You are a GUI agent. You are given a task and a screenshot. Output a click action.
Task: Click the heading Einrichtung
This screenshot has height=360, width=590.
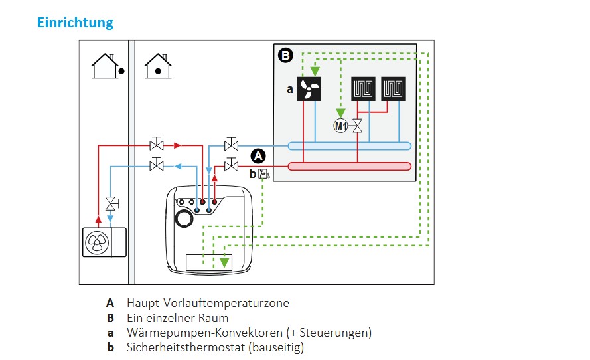click(75, 23)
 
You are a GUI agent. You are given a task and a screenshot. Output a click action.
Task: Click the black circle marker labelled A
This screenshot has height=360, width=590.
click(258, 157)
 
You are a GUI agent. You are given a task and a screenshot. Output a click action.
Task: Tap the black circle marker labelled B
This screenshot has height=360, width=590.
click(285, 56)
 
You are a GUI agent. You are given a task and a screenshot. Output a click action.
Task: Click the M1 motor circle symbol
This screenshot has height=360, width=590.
click(340, 126)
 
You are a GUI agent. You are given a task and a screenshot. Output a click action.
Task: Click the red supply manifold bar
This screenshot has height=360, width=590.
click(349, 166)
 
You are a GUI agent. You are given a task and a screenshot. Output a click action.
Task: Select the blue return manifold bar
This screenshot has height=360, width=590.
click(349, 145)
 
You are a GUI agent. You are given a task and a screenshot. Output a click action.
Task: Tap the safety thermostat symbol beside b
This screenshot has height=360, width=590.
click(263, 175)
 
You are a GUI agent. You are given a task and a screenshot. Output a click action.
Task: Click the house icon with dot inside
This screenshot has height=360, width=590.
click(158, 66)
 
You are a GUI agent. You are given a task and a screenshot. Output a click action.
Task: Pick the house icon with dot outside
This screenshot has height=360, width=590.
click(106, 66)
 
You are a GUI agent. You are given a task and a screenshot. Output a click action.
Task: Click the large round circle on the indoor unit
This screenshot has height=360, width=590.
click(183, 219)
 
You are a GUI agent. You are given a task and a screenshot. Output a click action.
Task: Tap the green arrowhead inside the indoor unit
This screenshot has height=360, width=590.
click(225, 262)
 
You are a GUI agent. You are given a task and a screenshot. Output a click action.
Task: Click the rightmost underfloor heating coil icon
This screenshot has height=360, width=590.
click(394, 89)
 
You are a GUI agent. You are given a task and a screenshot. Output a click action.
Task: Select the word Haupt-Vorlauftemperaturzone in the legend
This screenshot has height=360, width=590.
click(208, 303)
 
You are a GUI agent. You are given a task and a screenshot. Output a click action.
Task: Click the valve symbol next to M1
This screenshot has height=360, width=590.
click(357, 126)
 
